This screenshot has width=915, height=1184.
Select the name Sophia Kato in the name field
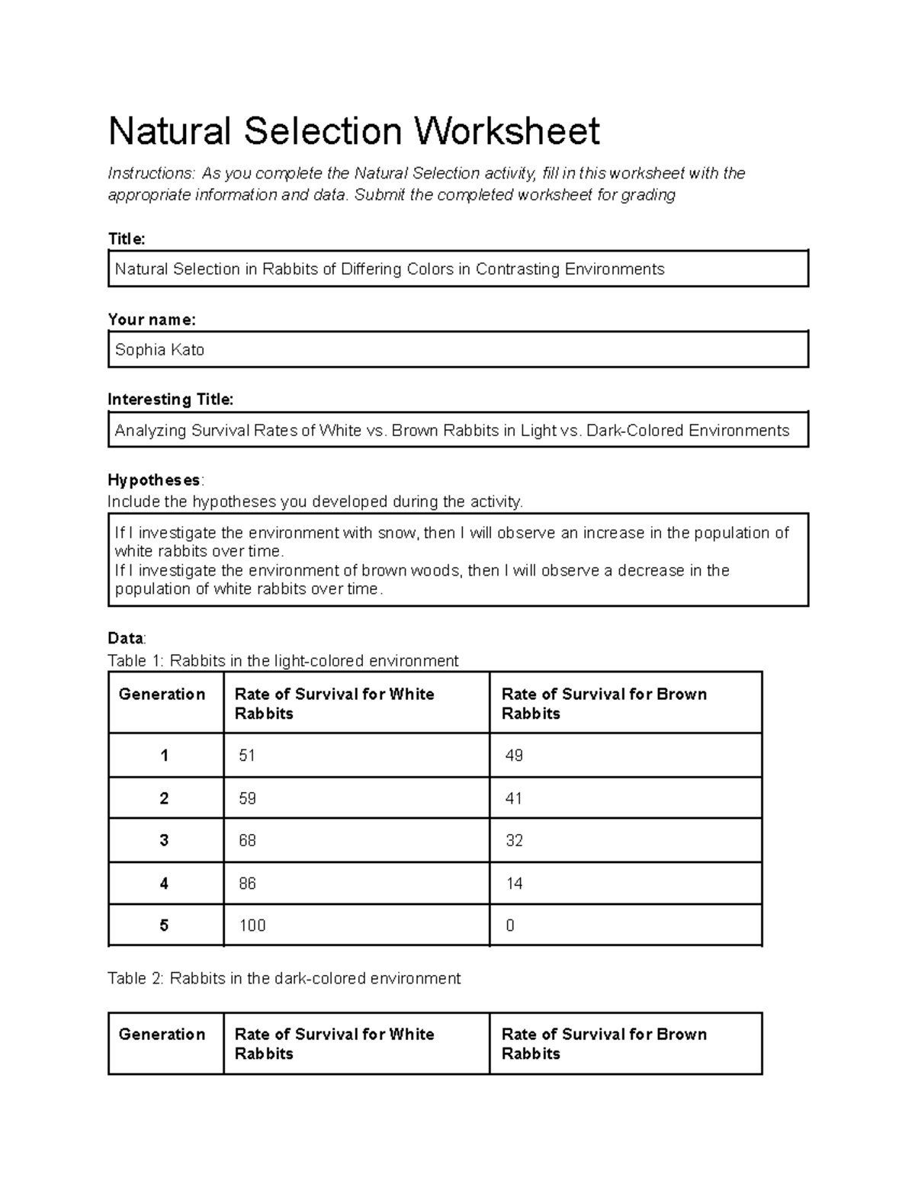(x=159, y=350)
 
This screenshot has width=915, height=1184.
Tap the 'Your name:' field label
(x=152, y=319)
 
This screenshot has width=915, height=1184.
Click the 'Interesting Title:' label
(x=171, y=399)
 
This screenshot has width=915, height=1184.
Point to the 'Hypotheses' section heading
(x=155, y=480)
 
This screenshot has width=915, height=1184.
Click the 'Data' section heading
(x=126, y=638)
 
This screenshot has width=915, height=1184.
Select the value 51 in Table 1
(x=247, y=756)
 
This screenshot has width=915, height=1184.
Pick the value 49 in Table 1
(x=514, y=756)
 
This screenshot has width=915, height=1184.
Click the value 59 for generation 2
(x=247, y=798)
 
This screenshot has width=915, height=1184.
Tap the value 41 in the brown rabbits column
(x=514, y=798)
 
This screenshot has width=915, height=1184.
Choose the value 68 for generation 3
(x=247, y=840)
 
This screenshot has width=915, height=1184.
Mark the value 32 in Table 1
(x=514, y=840)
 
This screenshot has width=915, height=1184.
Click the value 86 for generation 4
(x=247, y=884)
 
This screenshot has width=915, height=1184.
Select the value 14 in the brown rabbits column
(x=514, y=884)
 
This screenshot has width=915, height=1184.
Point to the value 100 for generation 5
(x=252, y=926)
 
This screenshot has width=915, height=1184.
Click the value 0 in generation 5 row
(x=510, y=926)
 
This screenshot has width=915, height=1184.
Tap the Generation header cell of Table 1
(x=162, y=695)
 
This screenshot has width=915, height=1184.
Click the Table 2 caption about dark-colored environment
(x=284, y=978)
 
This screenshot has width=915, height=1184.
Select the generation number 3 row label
(x=164, y=840)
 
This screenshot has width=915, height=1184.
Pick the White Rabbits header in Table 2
(x=334, y=1044)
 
